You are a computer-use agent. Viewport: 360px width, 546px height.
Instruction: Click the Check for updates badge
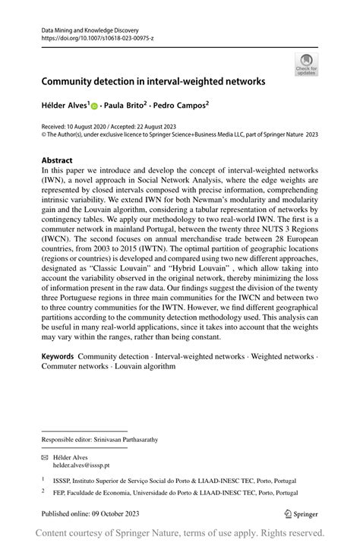tap(307, 65)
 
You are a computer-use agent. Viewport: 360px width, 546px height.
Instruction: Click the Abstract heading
tap(58, 161)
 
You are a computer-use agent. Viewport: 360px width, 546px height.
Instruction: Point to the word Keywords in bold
tap(57, 356)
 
